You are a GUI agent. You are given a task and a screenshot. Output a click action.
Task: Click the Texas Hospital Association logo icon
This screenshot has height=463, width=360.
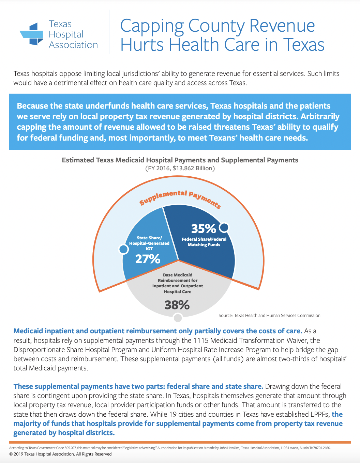point(32,34)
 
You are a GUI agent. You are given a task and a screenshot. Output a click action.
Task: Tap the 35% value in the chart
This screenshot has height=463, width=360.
point(203,228)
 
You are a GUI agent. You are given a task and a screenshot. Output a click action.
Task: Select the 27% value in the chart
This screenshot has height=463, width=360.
point(148,259)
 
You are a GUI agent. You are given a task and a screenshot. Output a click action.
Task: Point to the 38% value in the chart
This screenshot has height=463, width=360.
point(177,305)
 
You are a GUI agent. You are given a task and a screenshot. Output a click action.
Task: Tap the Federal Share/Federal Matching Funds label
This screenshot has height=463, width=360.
point(204,242)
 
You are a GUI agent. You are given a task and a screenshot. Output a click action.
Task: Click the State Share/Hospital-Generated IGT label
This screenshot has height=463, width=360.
point(149,243)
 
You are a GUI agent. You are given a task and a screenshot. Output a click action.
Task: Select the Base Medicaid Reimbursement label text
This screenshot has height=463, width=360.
point(177,283)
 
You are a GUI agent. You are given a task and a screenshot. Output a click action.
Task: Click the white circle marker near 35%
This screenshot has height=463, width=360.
point(224,227)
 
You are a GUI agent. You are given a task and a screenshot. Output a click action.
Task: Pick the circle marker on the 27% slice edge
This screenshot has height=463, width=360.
point(123,249)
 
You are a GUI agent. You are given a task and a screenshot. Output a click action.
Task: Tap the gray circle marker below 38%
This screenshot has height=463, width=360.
point(178,318)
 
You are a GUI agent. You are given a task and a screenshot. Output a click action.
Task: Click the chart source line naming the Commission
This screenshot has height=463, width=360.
point(269,316)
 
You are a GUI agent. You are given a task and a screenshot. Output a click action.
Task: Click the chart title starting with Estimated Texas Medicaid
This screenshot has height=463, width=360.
point(180,160)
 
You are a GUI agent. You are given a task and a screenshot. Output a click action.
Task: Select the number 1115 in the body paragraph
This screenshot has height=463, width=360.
point(201,340)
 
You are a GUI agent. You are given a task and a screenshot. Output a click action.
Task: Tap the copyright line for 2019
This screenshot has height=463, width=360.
point(60,454)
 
